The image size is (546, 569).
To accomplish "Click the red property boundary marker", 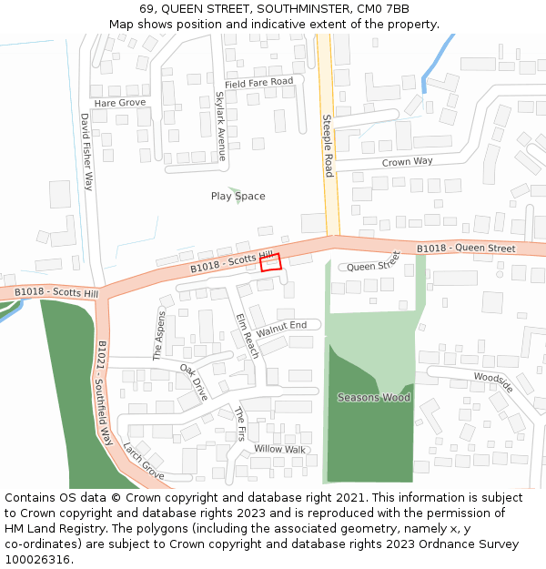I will [270, 262].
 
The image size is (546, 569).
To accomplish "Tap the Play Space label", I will [238, 196].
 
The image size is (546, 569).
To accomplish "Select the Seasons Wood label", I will [374, 397].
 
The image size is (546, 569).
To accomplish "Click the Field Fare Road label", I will [259, 83].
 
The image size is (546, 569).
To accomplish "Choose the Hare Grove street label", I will [120, 103].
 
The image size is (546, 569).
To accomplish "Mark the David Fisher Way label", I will [86, 151].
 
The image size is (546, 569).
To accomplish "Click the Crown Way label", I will [408, 161].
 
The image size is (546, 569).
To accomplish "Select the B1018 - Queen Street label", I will [466, 248].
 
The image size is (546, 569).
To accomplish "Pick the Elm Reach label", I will [248, 336].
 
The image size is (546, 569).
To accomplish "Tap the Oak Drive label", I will [194, 381].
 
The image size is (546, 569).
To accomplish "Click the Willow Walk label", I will [280, 449].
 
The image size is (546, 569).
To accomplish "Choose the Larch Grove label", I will [144, 462].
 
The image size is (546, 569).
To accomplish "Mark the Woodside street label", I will [493, 382].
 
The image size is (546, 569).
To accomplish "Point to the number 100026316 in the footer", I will [38, 559].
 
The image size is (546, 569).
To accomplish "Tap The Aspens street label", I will [160, 336].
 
